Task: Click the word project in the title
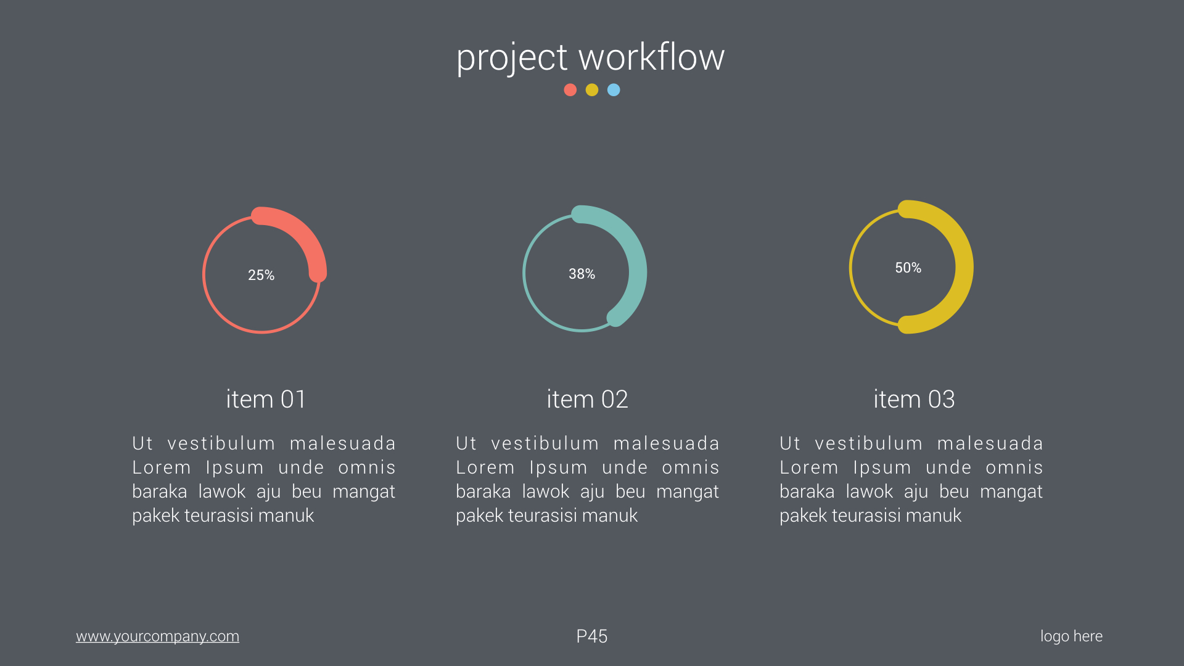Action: [511, 58]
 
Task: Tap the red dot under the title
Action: [570, 90]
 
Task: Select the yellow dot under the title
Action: [592, 90]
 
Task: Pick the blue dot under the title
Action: [614, 90]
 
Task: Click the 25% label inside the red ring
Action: [261, 275]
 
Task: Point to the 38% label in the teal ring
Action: [582, 274]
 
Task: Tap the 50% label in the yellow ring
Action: [908, 268]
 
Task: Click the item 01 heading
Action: [266, 400]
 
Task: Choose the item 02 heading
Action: [587, 400]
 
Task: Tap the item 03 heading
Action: [914, 400]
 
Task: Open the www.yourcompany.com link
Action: [157, 636]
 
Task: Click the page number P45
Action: [591, 636]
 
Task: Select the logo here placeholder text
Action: [1071, 636]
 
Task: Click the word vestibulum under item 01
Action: [221, 443]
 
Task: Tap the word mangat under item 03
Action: [1011, 491]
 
